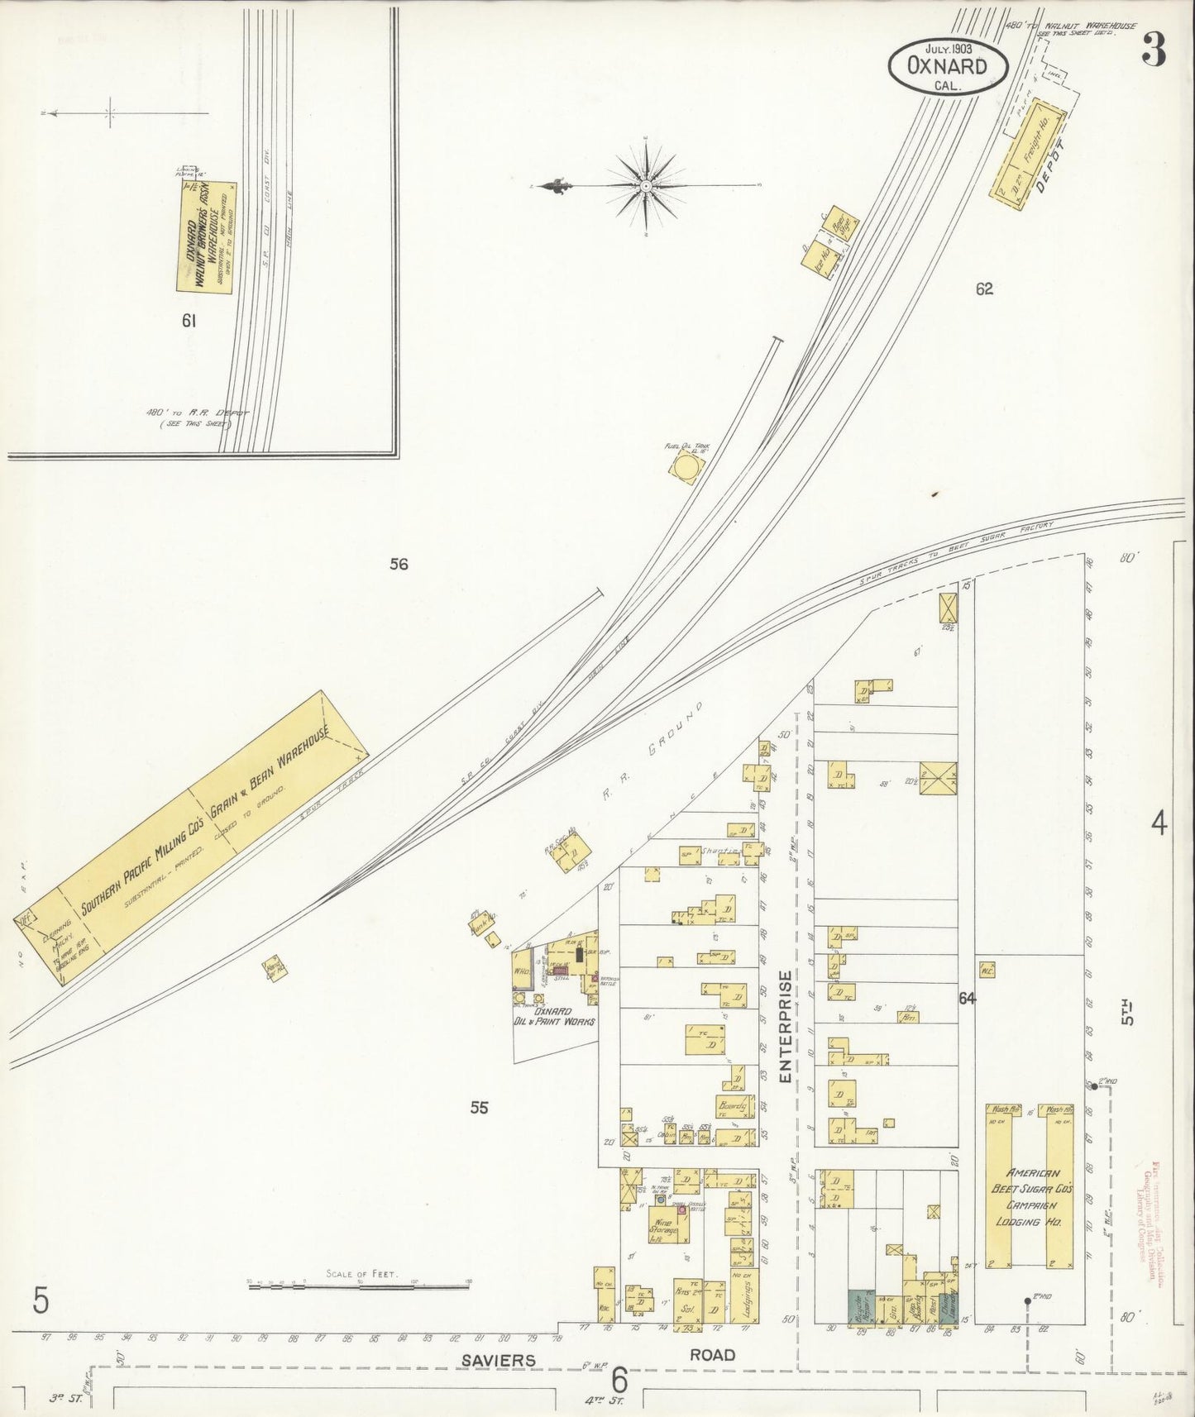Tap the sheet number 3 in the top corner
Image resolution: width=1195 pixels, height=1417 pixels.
(x=1154, y=52)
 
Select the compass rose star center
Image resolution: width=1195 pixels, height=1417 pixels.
(x=645, y=187)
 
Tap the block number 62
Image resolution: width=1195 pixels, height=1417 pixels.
(x=983, y=289)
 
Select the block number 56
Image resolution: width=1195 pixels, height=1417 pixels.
(x=399, y=565)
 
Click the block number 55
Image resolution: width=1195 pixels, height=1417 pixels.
(x=480, y=1108)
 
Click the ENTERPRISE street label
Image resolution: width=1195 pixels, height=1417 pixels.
(x=786, y=1025)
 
